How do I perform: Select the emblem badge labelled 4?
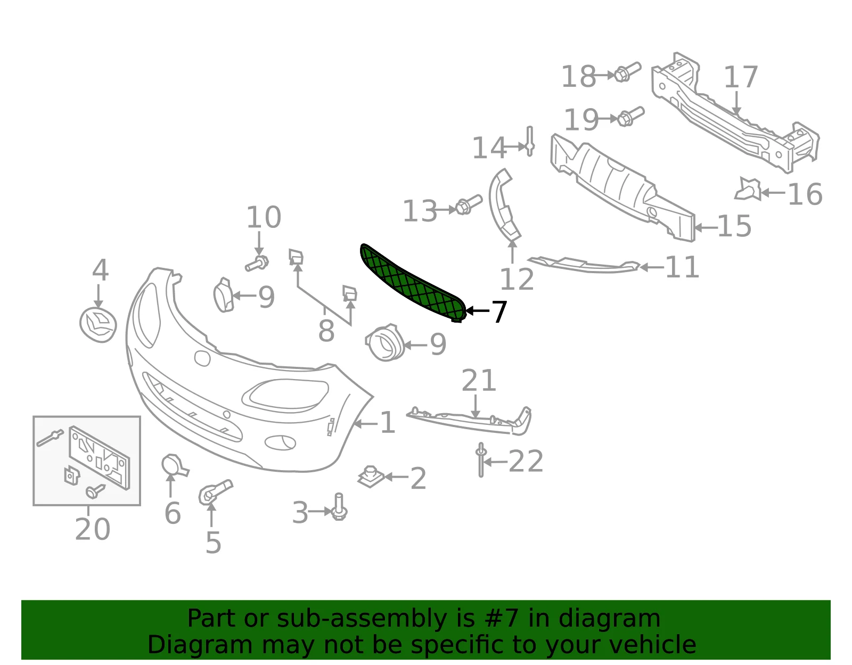click(98, 325)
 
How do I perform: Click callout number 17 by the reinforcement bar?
click(741, 77)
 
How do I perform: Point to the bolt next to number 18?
click(627, 72)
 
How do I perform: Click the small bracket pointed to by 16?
click(748, 189)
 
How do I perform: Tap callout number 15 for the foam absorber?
click(734, 226)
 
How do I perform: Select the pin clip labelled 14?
click(530, 141)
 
